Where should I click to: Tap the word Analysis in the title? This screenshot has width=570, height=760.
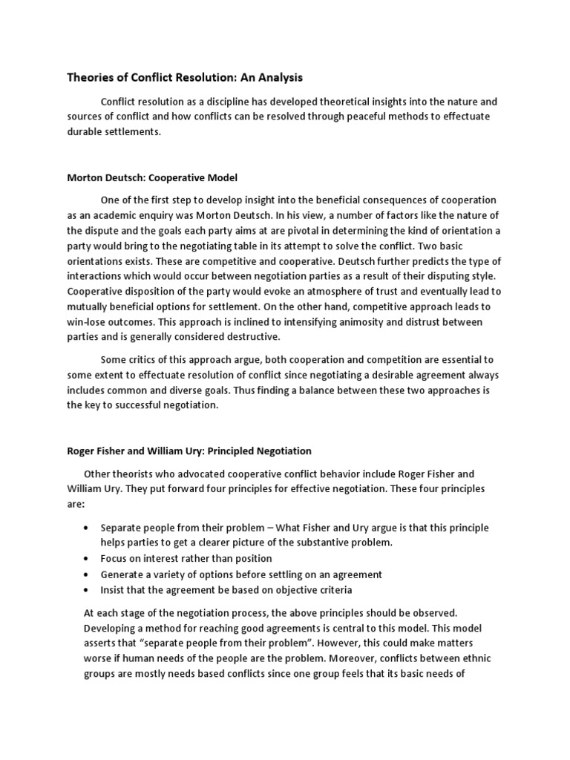point(276,77)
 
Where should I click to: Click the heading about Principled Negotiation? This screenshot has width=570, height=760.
point(189,451)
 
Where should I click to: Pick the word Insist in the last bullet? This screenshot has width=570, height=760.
point(114,590)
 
